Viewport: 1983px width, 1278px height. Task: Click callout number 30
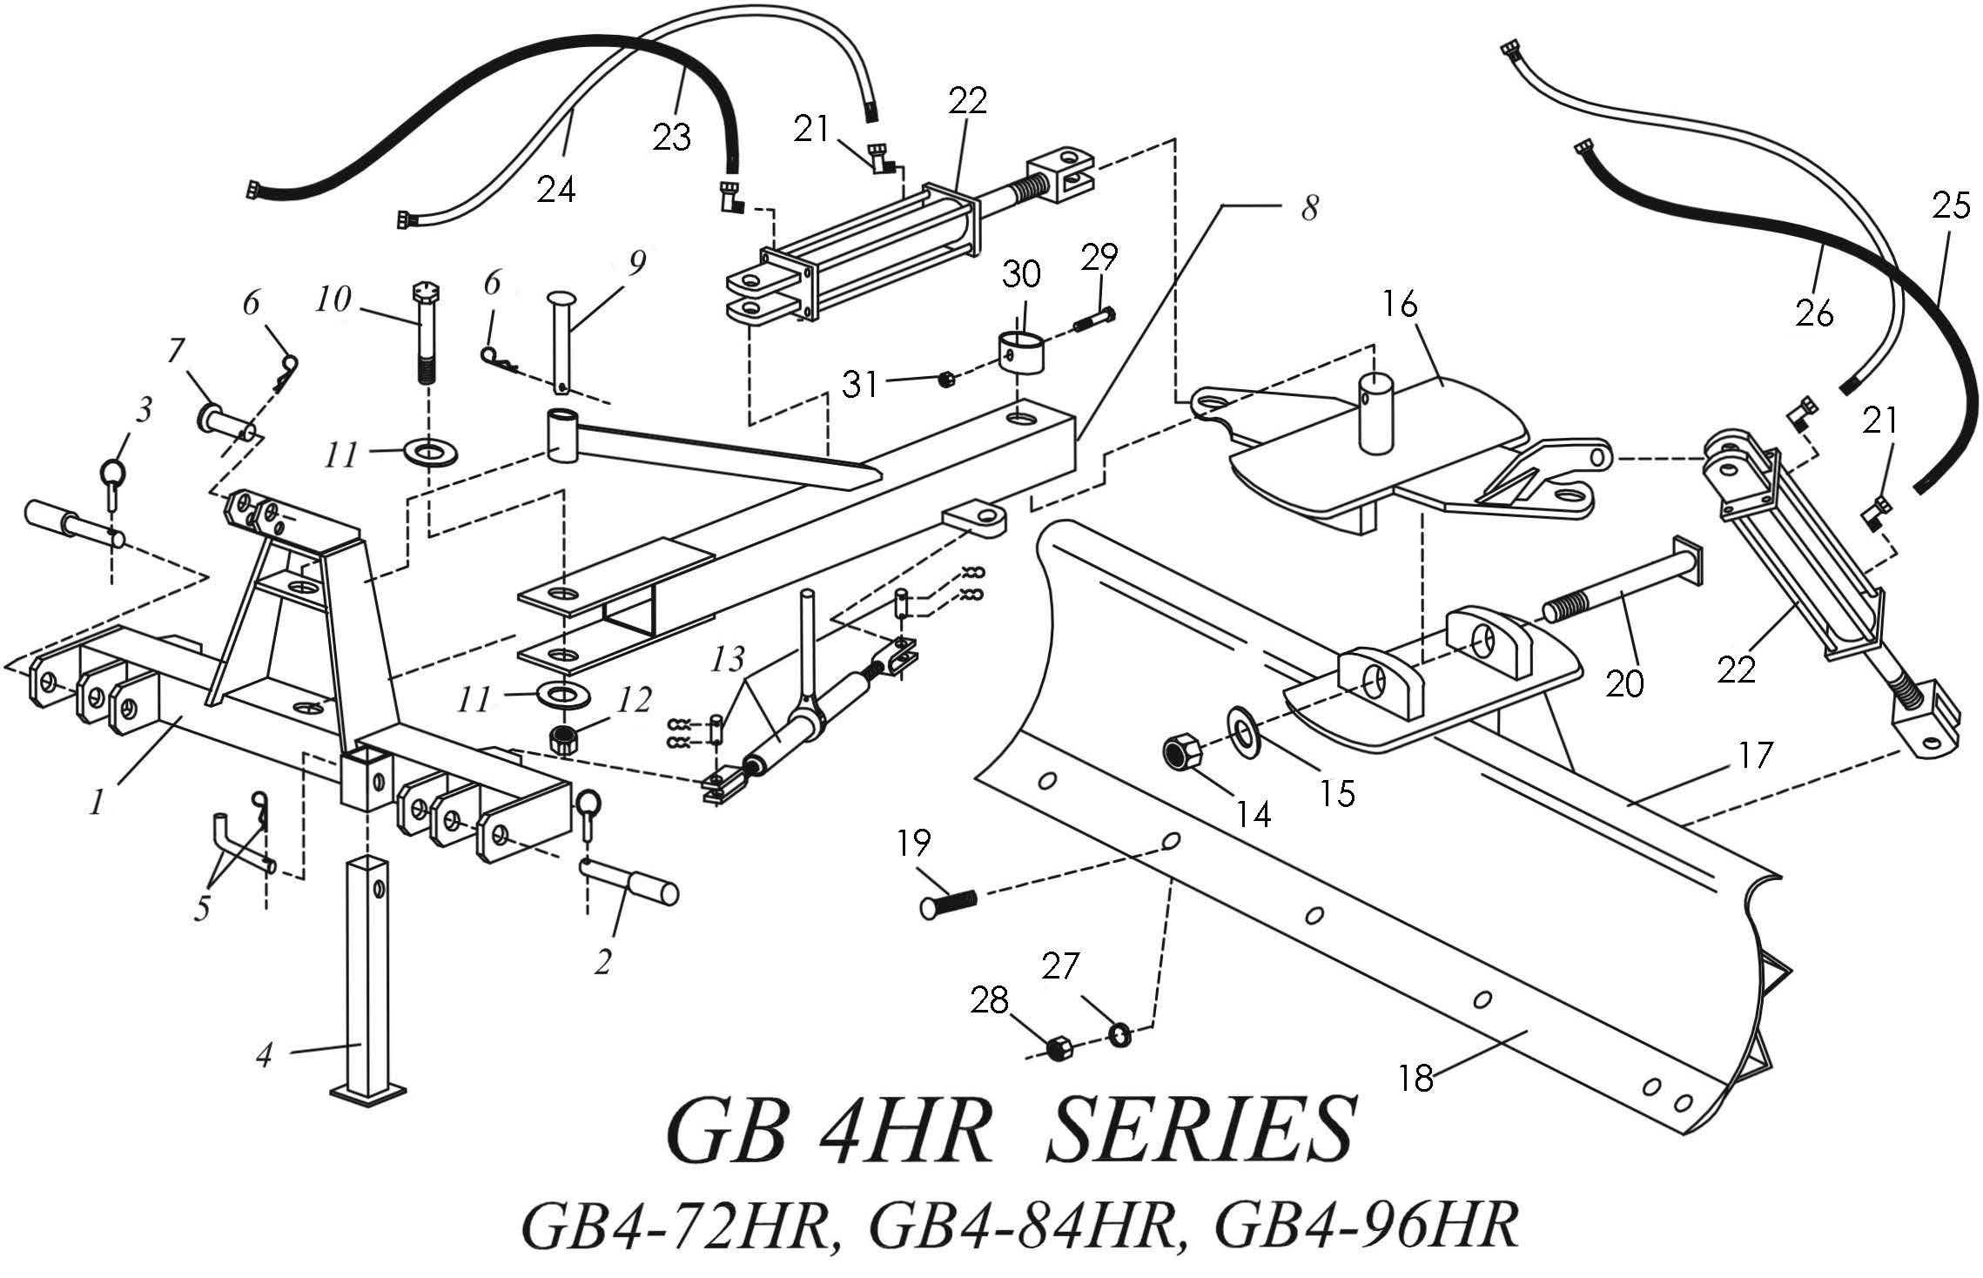tap(1021, 275)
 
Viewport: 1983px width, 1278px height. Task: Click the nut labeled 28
tap(1057, 1048)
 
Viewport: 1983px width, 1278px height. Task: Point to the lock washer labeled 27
tap(1120, 1034)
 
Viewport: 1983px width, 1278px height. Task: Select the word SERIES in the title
tap(1200, 1134)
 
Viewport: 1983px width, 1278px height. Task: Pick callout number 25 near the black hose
tap(1951, 206)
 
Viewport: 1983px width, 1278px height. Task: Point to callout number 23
tap(672, 138)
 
